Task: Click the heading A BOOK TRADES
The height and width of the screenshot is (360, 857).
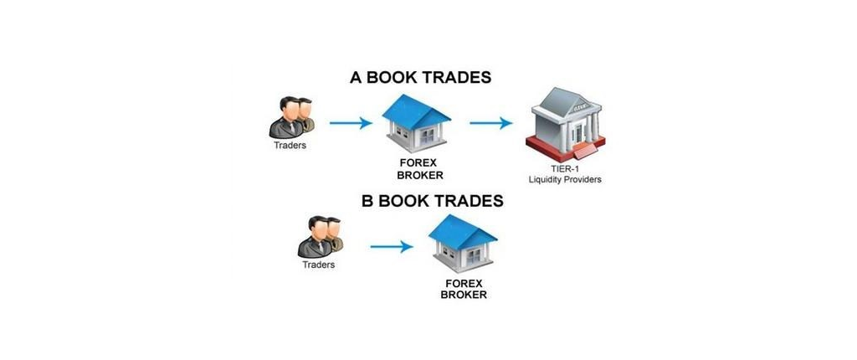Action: coord(420,77)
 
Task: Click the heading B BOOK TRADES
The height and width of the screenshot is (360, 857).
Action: coord(433,201)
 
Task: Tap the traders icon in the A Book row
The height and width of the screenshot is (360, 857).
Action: coord(290,118)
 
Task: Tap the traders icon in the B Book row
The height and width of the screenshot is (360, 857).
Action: coord(320,237)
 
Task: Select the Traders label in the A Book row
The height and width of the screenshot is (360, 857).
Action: coord(290,146)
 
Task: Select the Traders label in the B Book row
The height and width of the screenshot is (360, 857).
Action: coord(319,265)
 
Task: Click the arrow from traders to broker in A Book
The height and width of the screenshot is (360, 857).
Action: coord(351,123)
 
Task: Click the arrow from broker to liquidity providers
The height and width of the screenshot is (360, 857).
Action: coord(490,123)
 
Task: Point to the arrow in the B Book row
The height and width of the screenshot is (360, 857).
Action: coord(392,247)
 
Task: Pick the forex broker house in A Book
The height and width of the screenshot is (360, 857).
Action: coord(417,123)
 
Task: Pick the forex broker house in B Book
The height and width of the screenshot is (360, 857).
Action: coord(463,244)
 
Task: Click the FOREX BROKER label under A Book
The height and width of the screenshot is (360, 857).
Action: coord(420,170)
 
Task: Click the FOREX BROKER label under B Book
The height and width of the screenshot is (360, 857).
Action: coord(464,289)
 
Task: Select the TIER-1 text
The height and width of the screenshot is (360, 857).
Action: coord(565,170)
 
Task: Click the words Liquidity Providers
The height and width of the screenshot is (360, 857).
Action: coord(565,179)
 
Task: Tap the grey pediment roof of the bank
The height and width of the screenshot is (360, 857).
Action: coord(567,102)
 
